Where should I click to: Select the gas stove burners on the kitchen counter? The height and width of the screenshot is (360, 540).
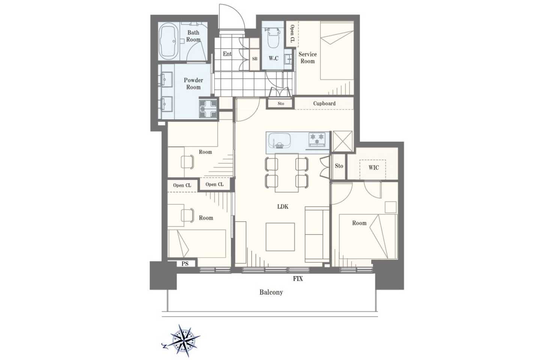(x=317, y=140)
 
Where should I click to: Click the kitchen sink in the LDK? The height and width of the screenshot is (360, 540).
(x=279, y=141)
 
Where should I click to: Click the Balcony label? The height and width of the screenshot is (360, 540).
(x=271, y=292)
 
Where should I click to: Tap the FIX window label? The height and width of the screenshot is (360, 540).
(x=298, y=279)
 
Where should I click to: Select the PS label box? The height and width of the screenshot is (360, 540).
(x=185, y=264)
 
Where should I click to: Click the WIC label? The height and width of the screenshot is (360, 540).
(x=373, y=168)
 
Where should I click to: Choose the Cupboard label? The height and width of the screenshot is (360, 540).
(x=324, y=103)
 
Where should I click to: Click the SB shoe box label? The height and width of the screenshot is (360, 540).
(x=255, y=59)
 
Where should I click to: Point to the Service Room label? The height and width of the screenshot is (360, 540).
(x=307, y=58)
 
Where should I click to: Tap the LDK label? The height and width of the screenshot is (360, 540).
(x=282, y=206)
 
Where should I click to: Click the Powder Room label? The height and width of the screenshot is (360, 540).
(x=193, y=83)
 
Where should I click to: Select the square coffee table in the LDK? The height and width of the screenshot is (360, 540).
(x=280, y=237)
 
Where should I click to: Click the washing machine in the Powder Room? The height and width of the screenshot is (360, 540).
(x=208, y=109)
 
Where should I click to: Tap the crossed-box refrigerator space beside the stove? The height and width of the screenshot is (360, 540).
(x=342, y=141)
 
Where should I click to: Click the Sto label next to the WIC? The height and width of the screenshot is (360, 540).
(x=339, y=166)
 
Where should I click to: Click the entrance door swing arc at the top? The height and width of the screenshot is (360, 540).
(x=236, y=11)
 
